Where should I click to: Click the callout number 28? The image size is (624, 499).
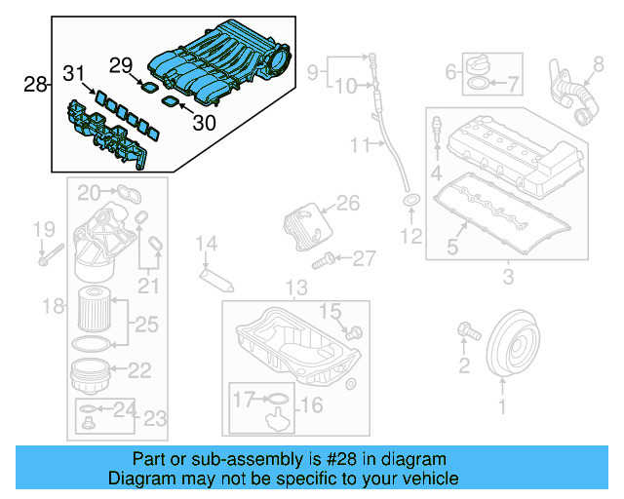[x=35, y=85]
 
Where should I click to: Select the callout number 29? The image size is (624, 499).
[x=120, y=65]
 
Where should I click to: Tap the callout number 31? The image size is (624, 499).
[x=74, y=72]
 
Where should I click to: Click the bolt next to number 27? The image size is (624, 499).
[x=325, y=260]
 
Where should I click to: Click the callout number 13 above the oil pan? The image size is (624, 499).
[x=294, y=288]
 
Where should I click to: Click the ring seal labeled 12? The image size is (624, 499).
[x=411, y=202]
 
